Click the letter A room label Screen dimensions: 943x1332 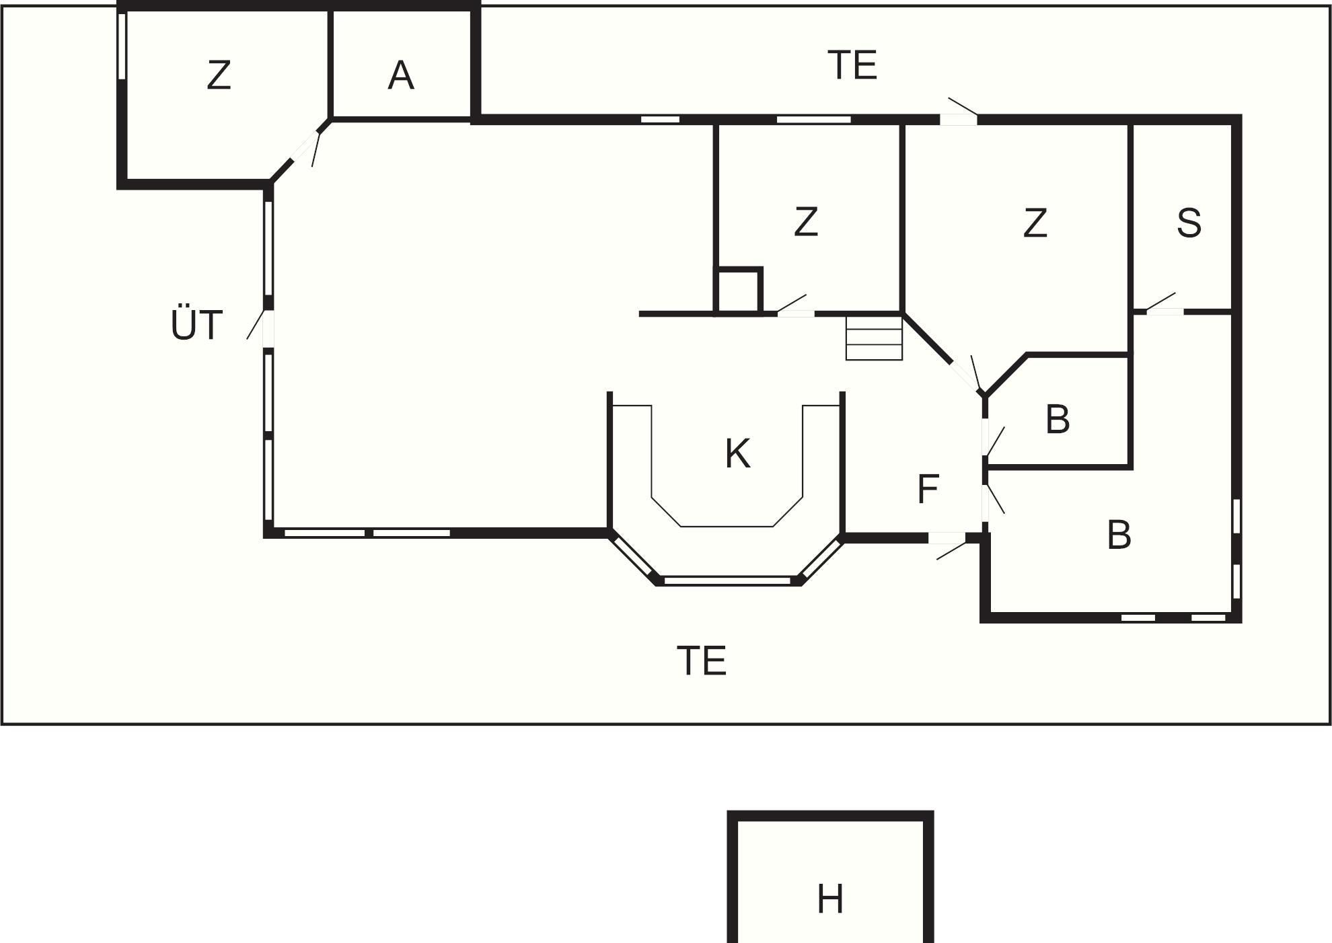tap(401, 75)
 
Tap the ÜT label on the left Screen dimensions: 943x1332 tap(196, 326)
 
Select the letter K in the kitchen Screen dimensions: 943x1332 tap(738, 454)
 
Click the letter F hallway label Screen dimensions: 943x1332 tap(928, 490)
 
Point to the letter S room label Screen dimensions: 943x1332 tap(1189, 223)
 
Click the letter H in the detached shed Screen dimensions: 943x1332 tap(830, 899)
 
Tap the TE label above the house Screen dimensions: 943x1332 tap(852, 65)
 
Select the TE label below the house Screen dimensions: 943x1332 tap(702, 661)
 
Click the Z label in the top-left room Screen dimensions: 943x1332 tap(219, 75)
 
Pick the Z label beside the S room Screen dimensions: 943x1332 tap(1035, 223)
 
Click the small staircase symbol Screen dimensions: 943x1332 tap(874, 338)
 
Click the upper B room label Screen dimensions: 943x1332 tap(1058, 419)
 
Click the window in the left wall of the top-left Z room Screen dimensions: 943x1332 tap(122, 46)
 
